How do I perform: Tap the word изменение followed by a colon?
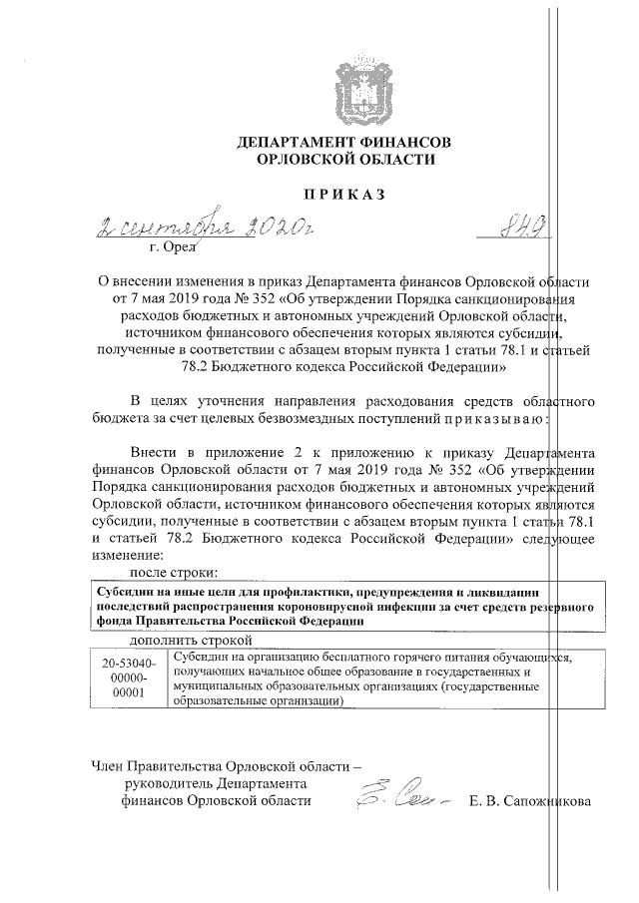[x=124, y=554]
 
